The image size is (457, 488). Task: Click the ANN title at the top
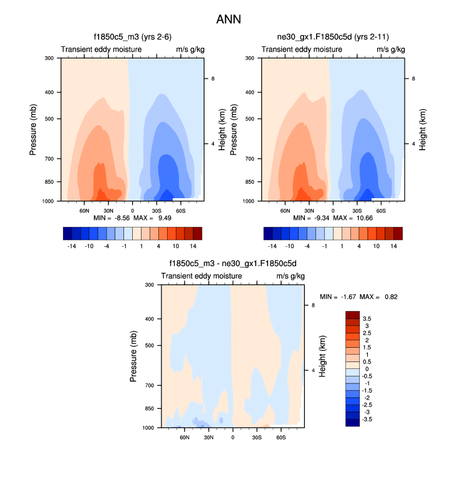(x=228, y=19)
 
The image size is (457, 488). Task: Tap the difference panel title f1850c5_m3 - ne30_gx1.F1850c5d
(x=233, y=264)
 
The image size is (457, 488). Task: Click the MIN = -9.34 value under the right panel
(x=310, y=218)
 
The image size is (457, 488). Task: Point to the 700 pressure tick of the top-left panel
(x=49, y=159)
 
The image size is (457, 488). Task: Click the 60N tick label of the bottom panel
(x=185, y=438)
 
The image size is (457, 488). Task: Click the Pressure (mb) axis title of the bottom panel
(x=134, y=356)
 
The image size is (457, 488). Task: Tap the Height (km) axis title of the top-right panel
(x=422, y=129)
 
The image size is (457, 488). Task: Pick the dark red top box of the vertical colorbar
(x=352, y=314)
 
